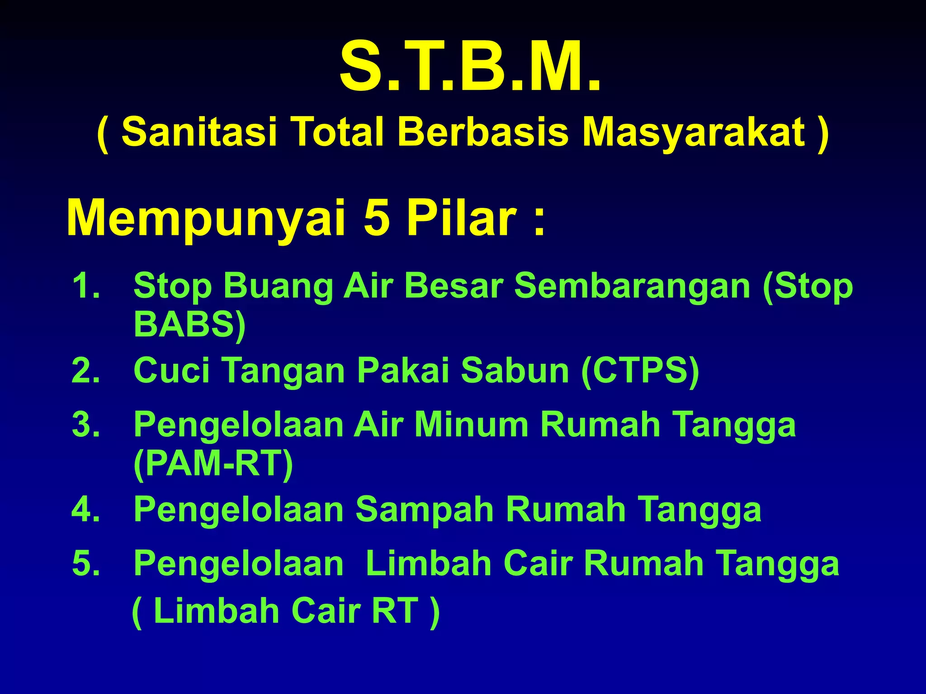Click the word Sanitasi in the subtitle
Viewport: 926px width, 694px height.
pyautogui.click(x=199, y=131)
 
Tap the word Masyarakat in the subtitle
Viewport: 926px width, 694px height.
pyautogui.click(x=694, y=132)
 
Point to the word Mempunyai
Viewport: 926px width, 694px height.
pyautogui.click(x=206, y=219)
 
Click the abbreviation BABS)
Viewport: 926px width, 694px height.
pyautogui.click(x=189, y=324)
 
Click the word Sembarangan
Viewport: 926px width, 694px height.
pyautogui.click(x=633, y=286)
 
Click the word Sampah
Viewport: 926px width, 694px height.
pyautogui.click(x=425, y=509)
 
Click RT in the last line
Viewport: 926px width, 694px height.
pyautogui.click(x=395, y=611)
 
